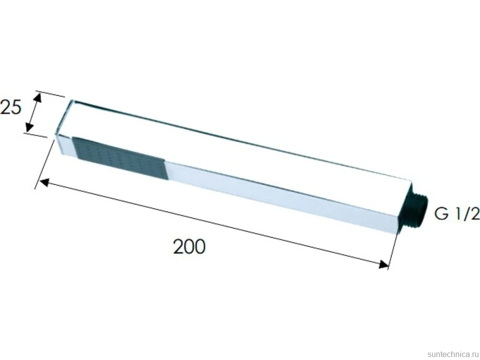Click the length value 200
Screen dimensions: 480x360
189,247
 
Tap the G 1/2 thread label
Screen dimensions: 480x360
457,214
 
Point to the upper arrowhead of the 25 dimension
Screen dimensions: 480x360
38,97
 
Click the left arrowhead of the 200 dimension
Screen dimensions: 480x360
45,182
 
